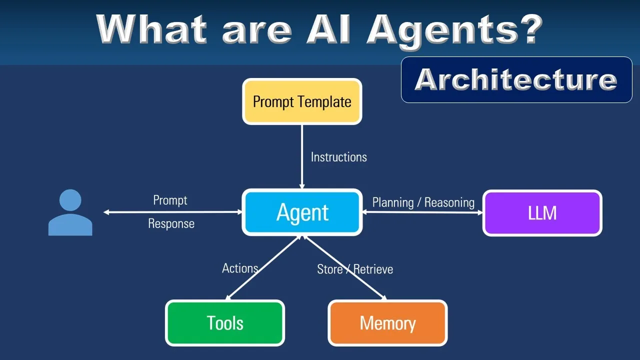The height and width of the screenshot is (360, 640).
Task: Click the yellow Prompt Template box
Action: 302,101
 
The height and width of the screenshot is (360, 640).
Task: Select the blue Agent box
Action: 302,212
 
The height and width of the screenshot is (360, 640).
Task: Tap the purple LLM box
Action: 542,213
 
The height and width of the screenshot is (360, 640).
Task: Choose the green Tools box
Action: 225,323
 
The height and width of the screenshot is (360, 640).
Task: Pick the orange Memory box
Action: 387,323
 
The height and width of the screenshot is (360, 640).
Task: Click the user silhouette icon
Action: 70,212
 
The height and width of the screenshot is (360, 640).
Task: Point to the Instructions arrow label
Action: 338,157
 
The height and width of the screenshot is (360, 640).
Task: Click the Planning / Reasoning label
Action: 423,202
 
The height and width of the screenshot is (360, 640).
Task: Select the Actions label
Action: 240,268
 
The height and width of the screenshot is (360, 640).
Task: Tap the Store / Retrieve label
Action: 355,269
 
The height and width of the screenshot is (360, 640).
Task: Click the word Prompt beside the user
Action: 170,200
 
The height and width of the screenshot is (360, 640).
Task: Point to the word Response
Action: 171,223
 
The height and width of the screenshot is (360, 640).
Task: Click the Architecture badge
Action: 516,79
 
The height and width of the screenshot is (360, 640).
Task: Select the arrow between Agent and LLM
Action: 422,212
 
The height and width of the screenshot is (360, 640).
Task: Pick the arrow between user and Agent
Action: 172,212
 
